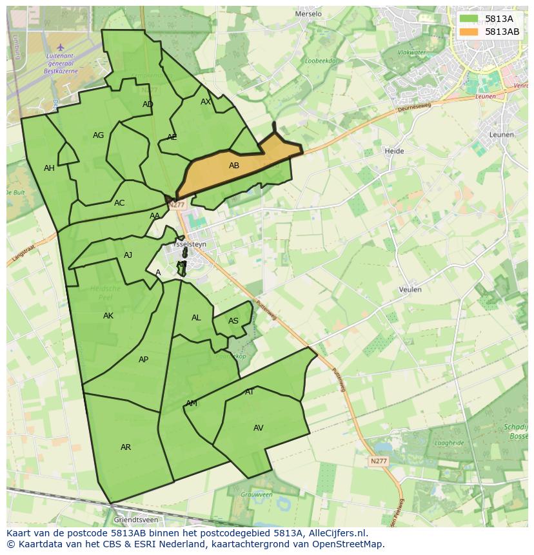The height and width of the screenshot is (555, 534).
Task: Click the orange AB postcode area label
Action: [x=234, y=166]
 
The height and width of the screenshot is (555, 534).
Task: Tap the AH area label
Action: [x=49, y=168]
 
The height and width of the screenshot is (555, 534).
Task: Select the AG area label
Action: [x=98, y=135]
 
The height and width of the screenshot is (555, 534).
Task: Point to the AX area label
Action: [x=206, y=102]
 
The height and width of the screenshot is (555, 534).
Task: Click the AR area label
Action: [x=126, y=447]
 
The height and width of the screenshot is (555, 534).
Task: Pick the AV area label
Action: [x=259, y=428]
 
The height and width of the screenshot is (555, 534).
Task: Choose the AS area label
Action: [x=233, y=321]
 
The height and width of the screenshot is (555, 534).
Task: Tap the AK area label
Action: [x=108, y=316]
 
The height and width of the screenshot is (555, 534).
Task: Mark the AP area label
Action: [x=143, y=360]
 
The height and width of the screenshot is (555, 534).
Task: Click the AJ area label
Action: [x=128, y=255]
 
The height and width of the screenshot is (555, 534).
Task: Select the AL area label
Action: [x=196, y=318]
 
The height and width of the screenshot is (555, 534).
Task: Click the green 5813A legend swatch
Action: [x=470, y=19]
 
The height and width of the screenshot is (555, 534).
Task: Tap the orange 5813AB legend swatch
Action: [x=470, y=32]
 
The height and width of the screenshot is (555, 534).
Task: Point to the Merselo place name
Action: [x=308, y=14]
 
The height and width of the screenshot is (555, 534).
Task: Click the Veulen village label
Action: [x=410, y=289]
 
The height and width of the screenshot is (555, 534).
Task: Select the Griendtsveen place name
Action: [x=135, y=519]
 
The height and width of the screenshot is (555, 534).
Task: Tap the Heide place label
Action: [x=394, y=151]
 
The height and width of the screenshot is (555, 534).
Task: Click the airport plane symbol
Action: [x=61, y=47]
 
